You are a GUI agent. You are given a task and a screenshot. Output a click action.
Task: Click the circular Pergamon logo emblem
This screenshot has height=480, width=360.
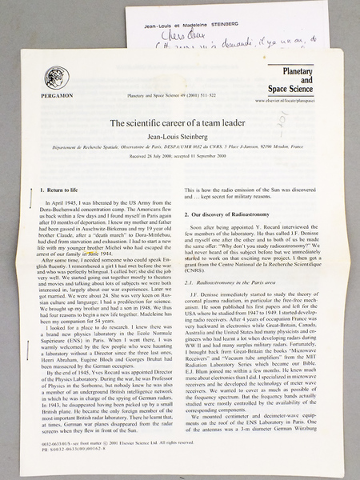click(x=58, y=78)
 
